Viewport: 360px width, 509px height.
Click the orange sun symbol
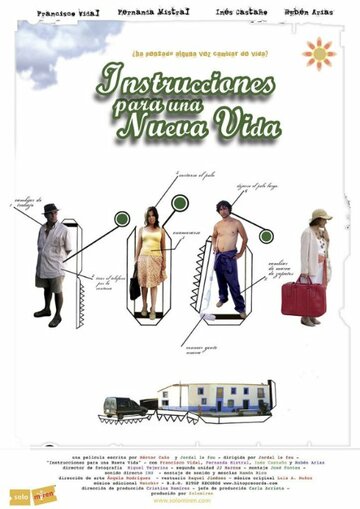[x=318, y=54]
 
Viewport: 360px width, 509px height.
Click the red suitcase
[x=302, y=297]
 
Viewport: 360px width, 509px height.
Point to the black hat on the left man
[x=51, y=209]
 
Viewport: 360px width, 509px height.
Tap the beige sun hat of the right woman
[x=320, y=215]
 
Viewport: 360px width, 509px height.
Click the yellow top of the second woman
[x=151, y=240]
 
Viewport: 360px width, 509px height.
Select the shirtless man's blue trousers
[x=229, y=279]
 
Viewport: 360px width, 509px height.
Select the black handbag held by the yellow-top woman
[x=134, y=286]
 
